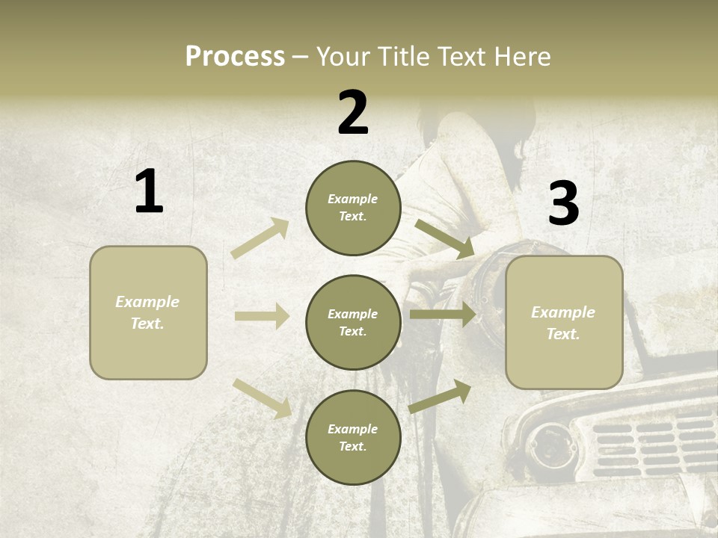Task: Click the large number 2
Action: pos(353,113)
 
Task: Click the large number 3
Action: pos(563,203)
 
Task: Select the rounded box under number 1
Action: pos(148,312)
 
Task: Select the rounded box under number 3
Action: pos(564,322)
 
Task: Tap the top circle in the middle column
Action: pos(353,208)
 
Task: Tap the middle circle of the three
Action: pos(353,322)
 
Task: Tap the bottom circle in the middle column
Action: pos(353,437)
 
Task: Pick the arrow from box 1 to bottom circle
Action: pos(263,398)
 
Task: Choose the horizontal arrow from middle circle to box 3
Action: pos(443,315)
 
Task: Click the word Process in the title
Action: pos(235,56)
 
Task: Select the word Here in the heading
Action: pos(521,56)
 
